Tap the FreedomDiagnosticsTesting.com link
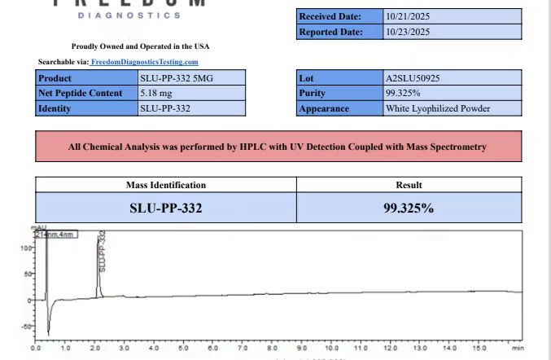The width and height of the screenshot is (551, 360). coord(144,62)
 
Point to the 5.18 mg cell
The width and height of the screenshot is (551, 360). coord(154,94)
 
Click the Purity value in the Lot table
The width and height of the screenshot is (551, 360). coord(402,94)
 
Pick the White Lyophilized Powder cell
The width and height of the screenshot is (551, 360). coord(438,108)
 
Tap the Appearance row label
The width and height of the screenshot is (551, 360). coord(324,108)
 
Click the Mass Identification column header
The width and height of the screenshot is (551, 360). coord(165,185)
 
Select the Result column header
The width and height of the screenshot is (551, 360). coord(408,185)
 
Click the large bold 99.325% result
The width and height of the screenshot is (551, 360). coord(408,208)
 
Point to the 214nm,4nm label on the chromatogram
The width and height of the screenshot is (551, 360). coord(55,235)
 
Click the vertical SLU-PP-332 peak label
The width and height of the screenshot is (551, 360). coord(103,251)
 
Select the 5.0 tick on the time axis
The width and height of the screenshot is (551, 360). coord(183,348)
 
